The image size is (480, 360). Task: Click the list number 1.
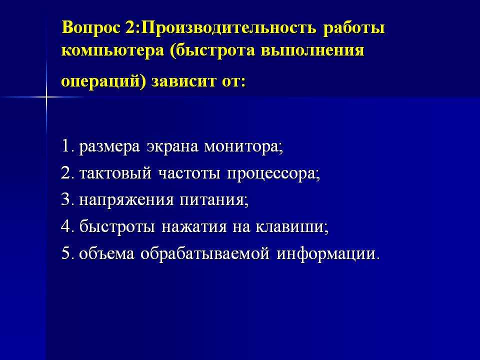[66, 146]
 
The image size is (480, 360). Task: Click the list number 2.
[67, 173]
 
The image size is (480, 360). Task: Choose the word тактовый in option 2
[115, 173]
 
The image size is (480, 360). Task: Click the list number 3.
[67, 200]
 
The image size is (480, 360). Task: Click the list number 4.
[67, 226]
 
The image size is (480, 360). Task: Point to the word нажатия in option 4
[194, 227]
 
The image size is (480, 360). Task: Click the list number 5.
[67, 253]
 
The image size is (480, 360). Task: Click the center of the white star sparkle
[46, 97]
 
